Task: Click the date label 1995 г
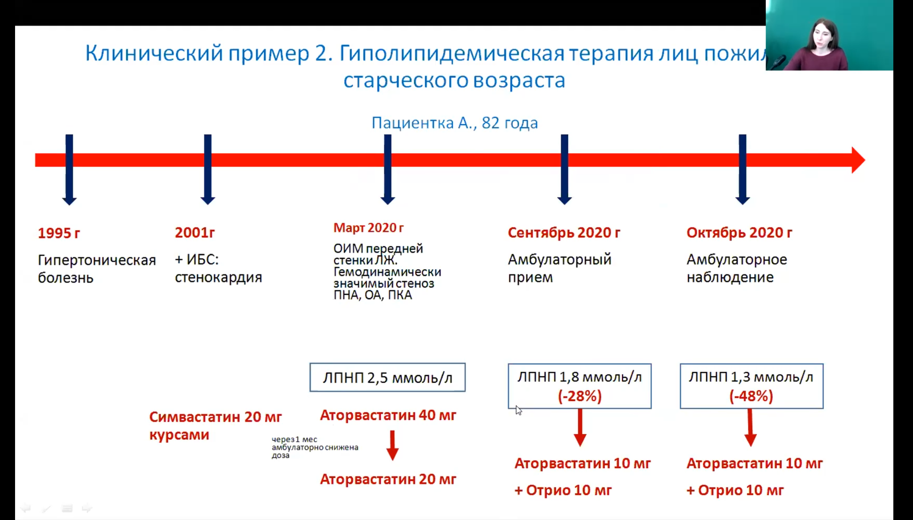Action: [x=59, y=233]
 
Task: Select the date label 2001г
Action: [x=195, y=233]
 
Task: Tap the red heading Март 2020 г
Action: [x=368, y=228]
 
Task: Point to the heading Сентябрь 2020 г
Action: [x=564, y=233]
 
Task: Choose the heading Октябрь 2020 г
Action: [x=739, y=233]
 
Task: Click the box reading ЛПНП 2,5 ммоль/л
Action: [x=387, y=378]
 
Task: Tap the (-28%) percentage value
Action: [x=580, y=396]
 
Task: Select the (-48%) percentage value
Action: [x=751, y=396]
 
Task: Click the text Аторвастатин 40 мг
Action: [x=388, y=415]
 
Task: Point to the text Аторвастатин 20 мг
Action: [x=388, y=479]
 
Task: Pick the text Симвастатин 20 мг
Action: [x=215, y=417]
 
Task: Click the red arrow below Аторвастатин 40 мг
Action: [x=392, y=445]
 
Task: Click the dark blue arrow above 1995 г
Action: [x=69, y=170]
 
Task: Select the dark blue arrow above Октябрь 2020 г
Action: [x=742, y=170]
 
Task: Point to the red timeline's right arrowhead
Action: [x=857, y=160]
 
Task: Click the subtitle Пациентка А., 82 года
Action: [x=454, y=123]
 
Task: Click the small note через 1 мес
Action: [x=295, y=440]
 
